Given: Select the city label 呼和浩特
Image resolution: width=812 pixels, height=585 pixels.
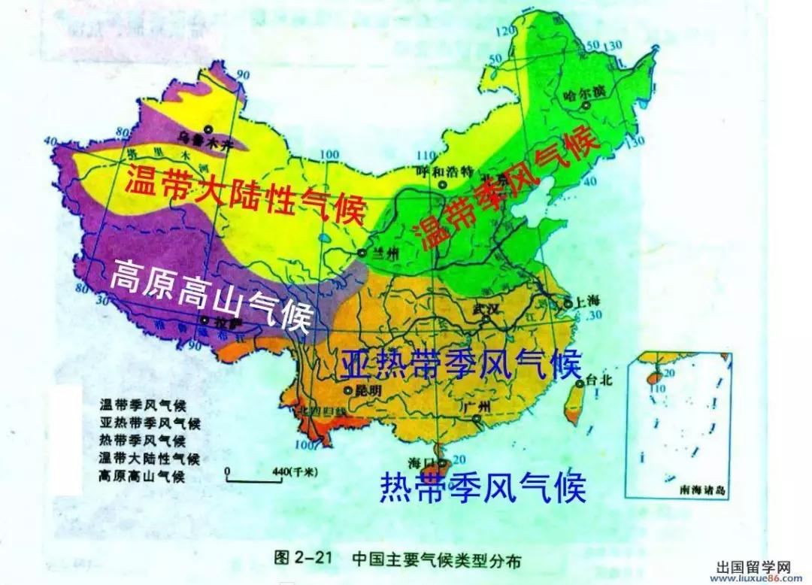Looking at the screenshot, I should pyautogui.click(x=445, y=171).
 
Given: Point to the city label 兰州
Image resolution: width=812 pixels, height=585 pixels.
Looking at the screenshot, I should pyautogui.click(x=387, y=254).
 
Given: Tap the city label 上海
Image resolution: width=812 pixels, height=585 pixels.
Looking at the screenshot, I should pyautogui.click(x=589, y=301).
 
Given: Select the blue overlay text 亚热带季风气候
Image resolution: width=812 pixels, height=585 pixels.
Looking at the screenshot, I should pyautogui.click(x=461, y=365).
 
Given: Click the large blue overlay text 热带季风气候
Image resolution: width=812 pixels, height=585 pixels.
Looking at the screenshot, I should pyautogui.click(x=482, y=488).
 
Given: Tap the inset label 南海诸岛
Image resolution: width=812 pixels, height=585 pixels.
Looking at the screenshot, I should pyautogui.click(x=701, y=490).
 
